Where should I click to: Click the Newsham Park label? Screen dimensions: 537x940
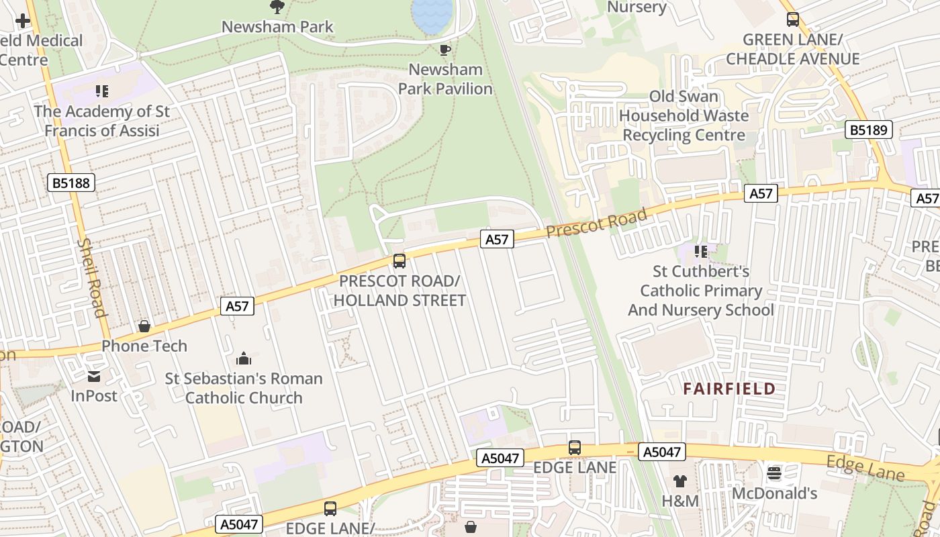[x=277, y=27]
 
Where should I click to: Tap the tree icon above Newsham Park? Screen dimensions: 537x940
[x=277, y=7]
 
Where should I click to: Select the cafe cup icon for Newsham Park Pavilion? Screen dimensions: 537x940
[x=444, y=50]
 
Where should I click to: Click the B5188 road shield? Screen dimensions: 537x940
[x=70, y=183]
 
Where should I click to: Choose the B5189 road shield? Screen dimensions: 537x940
[x=868, y=130]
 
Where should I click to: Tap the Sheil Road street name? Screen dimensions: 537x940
[x=93, y=277]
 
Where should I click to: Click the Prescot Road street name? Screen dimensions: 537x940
[x=596, y=223]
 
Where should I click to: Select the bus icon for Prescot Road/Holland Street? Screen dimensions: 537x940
[x=399, y=261]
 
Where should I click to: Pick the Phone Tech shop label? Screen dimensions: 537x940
[x=144, y=346]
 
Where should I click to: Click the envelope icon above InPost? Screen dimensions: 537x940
[x=93, y=377]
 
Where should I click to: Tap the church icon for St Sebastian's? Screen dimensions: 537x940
[x=244, y=358]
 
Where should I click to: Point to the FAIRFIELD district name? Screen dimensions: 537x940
[x=729, y=389]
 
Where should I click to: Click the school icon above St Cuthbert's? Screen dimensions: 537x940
[x=701, y=252]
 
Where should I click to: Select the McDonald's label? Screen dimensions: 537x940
[x=774, y=494]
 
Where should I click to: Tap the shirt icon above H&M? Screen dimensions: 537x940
[x=680, y=481]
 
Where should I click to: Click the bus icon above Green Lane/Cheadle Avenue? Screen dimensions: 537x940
[x=793, y=19]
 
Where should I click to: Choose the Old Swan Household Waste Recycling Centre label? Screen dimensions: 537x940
[x=684, y=115]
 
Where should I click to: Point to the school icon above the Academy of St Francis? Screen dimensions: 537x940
[x=102, y=91]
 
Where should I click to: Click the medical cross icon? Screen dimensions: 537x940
[x=23, y=20]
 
